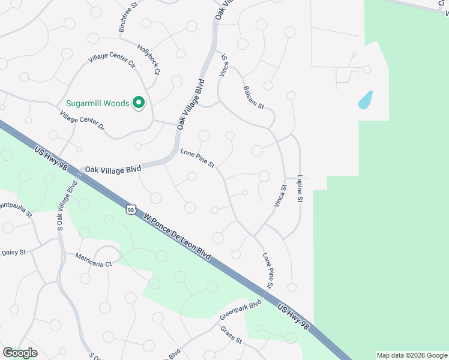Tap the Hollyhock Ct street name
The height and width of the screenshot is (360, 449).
(x=149, y=59)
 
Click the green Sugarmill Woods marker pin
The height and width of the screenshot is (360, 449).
(x=139, y=103)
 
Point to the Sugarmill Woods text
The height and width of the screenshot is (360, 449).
(x=98, y=103)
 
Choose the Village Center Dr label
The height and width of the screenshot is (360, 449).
(x=82, y=119)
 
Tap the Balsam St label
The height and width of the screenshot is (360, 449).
(x=253, y=97)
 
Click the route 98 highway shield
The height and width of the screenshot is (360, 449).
(x=131, y=209)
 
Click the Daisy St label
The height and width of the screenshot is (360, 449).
(x=13, y=253)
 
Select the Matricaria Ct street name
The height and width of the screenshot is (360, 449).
(x=94, y=260)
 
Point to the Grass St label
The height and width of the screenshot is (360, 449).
(x=231, y=335)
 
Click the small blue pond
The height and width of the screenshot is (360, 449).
(x=365, y=100)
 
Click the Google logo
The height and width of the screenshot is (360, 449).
(x=20, y=353)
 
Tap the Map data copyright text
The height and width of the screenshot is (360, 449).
(x=412, y=355)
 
